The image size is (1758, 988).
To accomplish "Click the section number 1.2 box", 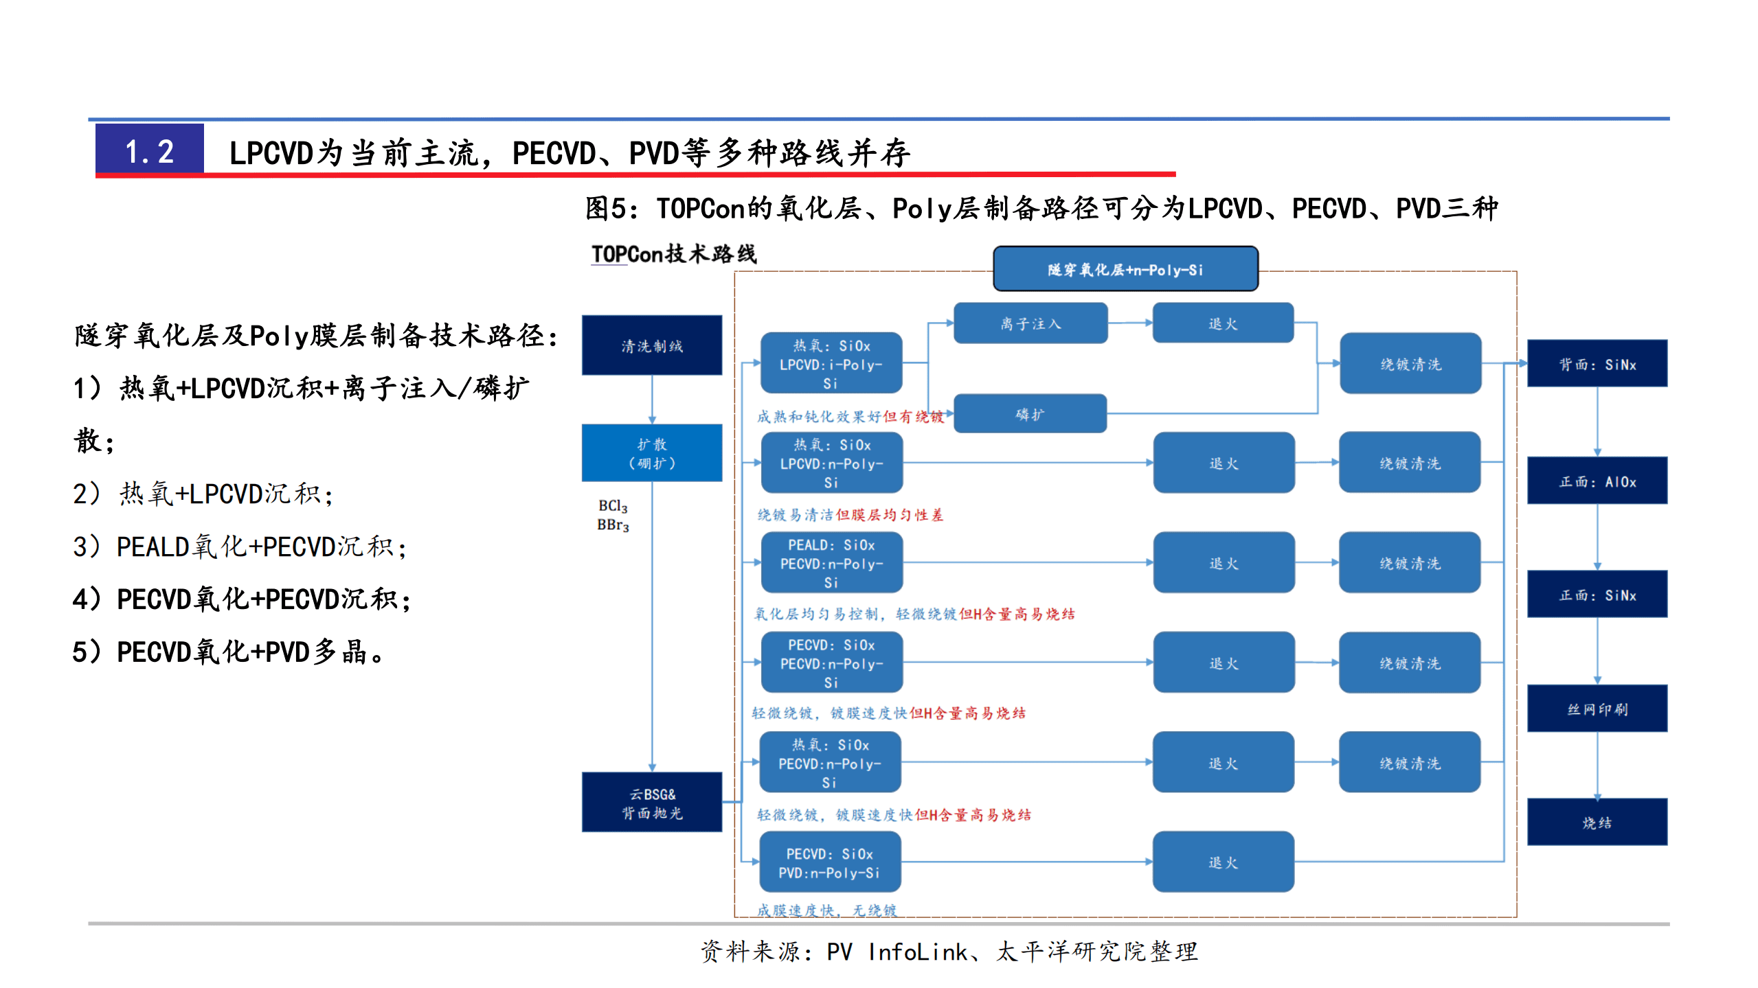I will pos(149,151).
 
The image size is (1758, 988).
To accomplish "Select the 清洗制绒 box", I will pos(651,345).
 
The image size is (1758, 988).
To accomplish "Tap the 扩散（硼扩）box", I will pos(651,453).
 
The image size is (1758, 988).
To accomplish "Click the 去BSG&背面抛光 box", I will pos(651,803).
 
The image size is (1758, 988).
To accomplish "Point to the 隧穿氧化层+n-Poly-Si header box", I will pos(1125,269).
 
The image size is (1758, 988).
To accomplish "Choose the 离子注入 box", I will pos(1030,323).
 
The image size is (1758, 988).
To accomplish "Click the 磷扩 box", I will pos(1030,414).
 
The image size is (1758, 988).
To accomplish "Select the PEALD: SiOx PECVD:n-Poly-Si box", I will pos(831,563).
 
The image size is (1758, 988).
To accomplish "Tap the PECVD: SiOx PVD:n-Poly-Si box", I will pos(830,863).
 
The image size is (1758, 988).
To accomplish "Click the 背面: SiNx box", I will pos(1597,364).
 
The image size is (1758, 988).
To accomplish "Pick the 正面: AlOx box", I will pos(1597,481).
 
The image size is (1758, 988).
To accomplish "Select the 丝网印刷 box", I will pos(1597,709).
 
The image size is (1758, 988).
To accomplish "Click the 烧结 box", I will pos(1597,822).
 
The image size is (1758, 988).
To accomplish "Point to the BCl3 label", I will pos(612,506).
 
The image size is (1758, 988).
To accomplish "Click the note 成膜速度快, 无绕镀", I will pos(826,910).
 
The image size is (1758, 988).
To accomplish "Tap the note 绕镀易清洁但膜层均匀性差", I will pos(850,515).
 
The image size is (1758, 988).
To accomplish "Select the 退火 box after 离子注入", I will pos(1223,323).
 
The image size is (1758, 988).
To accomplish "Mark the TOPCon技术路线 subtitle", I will pos(673,254).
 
